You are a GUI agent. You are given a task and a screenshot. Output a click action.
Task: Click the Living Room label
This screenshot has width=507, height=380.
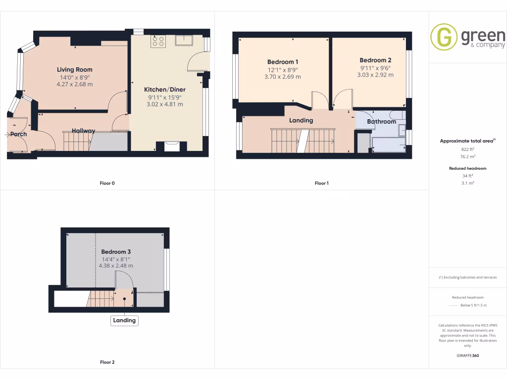(x=74, y=70)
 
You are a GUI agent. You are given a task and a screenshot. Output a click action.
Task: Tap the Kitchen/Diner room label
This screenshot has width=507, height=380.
(x=164, y=90)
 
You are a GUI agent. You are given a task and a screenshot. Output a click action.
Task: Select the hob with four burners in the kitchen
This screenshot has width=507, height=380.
(x=158, y=41)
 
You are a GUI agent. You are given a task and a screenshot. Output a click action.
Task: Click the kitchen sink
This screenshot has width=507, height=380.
(x=183, y=40)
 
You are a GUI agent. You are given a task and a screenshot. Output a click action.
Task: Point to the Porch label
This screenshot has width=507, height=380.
(x=18, y=134)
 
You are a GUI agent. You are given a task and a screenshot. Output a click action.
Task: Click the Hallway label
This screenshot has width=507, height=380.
(x=84, y=131)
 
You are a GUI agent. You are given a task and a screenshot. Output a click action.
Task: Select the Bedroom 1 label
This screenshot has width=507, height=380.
(x=283, y=62)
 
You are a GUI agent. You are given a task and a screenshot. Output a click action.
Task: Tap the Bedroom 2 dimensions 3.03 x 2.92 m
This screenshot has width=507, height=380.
(x=375, y=75)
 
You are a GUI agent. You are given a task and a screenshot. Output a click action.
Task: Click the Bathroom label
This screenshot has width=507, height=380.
(x=381, y=122)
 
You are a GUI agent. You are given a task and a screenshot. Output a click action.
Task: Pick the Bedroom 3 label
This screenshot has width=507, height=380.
(x=116, y=252)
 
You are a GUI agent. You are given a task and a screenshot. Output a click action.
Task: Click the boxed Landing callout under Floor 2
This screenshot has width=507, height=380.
(x=124, y=321)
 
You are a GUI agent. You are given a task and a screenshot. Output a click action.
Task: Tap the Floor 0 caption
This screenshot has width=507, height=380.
(x=107, y=184)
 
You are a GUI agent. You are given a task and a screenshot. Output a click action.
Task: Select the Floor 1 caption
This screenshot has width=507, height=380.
(x=321, y=184)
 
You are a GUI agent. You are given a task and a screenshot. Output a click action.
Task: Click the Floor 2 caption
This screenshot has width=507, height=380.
(x=107, y=363)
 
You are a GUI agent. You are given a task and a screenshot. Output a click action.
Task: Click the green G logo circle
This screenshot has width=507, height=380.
(x=444, y=37)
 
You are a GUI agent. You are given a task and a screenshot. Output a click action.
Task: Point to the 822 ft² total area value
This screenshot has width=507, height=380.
(x=468, y=149)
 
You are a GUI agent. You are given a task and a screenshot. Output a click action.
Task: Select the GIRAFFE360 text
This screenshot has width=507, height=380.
(x=468, y=356)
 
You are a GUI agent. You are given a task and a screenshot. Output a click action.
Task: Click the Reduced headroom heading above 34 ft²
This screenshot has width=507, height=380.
(x=468, y=169)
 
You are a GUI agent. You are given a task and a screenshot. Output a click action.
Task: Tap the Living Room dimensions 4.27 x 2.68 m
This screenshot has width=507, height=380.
(x=74, y=84)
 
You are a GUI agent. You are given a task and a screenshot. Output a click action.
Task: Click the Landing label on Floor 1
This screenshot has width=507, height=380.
(x=301, y=120)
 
